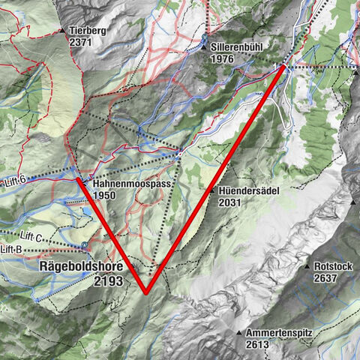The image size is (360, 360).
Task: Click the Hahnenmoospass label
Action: [130, 183]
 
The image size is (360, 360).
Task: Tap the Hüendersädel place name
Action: [250, 190]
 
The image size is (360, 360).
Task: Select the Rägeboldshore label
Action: [81, 267]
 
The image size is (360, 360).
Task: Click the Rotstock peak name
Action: [331, 265]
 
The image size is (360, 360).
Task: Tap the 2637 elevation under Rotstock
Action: [327, 277]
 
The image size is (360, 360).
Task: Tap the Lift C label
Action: [32, 235]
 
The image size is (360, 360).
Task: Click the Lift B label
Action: [10, 248]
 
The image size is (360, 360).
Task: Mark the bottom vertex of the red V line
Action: [145, 292]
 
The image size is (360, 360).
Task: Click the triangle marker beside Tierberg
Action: [62, 31]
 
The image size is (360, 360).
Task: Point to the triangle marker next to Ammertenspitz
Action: [240, 331]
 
